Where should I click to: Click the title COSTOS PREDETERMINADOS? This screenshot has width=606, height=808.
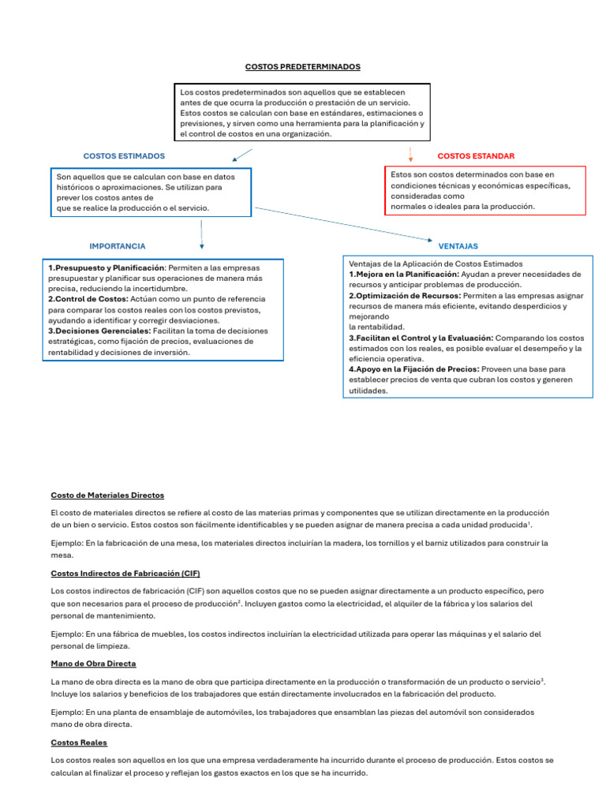click(303, 67)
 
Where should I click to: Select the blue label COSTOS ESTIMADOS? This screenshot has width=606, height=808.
click(124, 156)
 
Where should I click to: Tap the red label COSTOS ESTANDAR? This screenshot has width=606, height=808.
click(476, 156)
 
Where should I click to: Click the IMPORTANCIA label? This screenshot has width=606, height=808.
click(118, 246)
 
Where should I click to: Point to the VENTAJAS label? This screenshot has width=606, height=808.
click(458, 246)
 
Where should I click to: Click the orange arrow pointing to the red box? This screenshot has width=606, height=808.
click(410, 154)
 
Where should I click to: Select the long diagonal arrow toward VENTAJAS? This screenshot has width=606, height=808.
click(343, 224)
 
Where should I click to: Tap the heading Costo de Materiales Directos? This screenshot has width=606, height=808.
click(107, 496)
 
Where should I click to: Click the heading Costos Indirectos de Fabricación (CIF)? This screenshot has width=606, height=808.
click(130, 573)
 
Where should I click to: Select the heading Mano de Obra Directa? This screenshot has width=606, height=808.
click(93, 664)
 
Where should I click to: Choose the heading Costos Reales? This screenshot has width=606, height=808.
click(79, 743)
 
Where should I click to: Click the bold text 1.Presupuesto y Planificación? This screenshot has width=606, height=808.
click(106, 267)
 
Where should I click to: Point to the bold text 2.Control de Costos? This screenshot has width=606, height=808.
click(89, 300)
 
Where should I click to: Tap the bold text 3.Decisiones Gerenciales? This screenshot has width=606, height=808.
click(103, 331)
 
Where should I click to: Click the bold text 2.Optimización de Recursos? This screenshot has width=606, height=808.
click(405, 295)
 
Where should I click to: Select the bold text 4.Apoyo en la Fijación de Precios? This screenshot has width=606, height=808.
click(413, 369)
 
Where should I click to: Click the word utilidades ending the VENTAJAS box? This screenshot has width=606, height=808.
click(368, 391)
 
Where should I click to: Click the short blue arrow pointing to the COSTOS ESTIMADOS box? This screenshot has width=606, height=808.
click(242, 155)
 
